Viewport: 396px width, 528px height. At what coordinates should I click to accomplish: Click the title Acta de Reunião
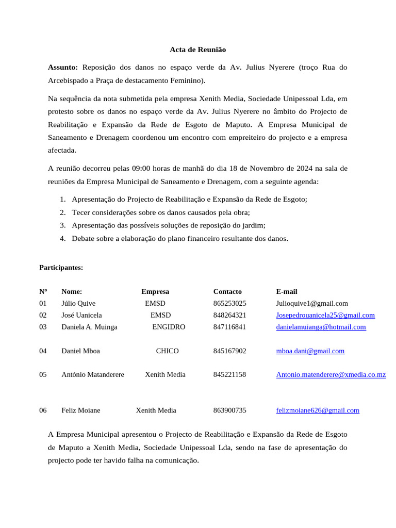point(197,49)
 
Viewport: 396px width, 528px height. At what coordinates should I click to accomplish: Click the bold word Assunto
point(62,67)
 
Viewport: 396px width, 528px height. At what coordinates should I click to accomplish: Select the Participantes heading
point(61,268)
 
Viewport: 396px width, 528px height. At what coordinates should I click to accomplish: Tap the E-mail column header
point(287,291)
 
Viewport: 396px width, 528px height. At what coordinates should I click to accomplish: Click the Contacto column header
point(227,291)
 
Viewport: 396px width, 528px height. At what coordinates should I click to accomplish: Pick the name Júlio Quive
point(78,303)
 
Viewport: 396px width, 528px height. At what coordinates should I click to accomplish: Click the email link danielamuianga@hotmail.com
point(321,327)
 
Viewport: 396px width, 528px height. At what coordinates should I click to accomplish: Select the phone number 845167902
point(229,351)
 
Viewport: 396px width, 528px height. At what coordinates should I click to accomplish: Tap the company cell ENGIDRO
point(169,327)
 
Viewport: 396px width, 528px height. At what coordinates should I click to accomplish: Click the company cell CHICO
point(167,351)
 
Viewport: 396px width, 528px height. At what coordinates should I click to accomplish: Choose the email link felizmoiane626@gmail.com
point(318,410)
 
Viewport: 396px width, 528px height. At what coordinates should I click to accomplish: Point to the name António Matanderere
point(93,374)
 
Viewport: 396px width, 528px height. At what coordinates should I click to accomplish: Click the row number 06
point(43,410)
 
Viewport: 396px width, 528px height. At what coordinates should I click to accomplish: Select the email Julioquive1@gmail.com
point(312,303)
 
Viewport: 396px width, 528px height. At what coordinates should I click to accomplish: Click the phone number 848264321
point(229,315)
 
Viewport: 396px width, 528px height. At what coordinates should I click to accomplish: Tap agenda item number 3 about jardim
point(168,225)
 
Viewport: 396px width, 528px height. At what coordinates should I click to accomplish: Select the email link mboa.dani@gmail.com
point(310,351)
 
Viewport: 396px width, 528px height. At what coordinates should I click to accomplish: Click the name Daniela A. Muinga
point(89,327)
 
